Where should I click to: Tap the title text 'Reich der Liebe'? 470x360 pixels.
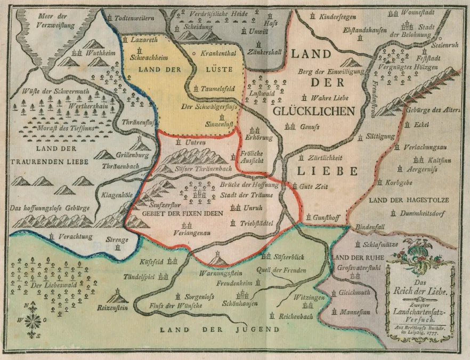(x=420, y=292)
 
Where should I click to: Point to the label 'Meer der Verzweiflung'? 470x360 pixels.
(x=53, y=20)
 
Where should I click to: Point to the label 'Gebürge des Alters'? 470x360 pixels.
(x=432, y=110)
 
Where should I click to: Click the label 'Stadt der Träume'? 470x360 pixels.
(x=239, y=195)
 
